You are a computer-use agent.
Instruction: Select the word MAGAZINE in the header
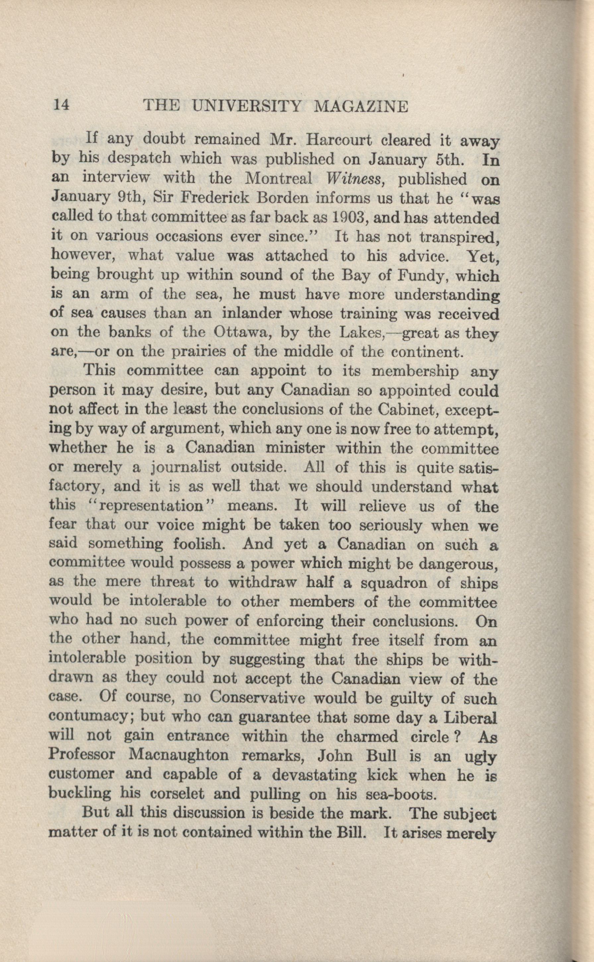tap(362, 106)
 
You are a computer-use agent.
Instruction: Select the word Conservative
tap(257, 698)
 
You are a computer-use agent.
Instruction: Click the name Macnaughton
tap(178, 755)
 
